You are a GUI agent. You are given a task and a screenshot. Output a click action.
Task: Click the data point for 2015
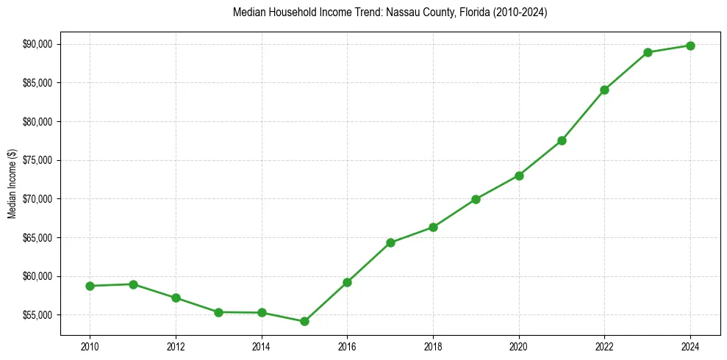(x=304, y=321)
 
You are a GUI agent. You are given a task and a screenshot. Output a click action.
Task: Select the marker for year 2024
(x=690, y=46)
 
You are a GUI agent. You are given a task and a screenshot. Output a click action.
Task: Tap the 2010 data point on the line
(x=90, y=286)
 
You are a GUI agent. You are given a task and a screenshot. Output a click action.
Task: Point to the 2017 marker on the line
(x=390, y=242)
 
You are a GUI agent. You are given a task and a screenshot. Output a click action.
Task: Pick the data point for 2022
(x=604, y=90)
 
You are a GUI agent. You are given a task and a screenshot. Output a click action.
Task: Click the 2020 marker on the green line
(x=519, y=176)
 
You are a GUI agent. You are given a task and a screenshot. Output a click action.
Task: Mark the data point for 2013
(x=218, y=312)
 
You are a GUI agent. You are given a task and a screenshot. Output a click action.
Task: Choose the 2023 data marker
(x=648, y=52)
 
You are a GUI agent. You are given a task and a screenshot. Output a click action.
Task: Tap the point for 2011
(x=133, y=284)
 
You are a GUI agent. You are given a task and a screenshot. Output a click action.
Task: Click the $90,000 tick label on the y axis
(x=38, y=44)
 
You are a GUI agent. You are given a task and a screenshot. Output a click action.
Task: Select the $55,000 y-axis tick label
(x=38, y=315)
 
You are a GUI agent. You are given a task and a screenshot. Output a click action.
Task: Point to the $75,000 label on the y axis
(x=38, y=160)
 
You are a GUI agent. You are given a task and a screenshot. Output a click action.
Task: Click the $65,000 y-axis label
(x=38, y=238)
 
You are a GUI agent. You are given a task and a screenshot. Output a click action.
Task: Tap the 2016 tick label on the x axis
(x=347, y=347)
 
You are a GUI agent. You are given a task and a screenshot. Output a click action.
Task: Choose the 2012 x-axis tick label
(x=176, y=347)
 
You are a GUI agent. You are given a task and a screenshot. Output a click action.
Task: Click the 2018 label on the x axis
(x=433, y=347)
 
